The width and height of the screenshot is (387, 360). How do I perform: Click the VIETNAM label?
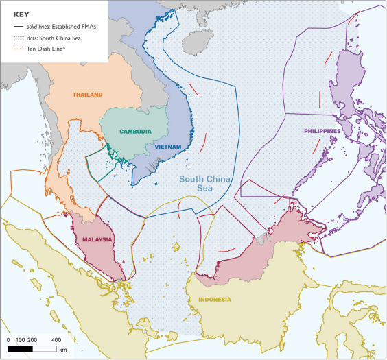click(167, 147)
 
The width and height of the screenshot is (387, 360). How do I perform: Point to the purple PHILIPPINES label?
click(323, 131)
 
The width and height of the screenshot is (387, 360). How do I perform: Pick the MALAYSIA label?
click(96, 239)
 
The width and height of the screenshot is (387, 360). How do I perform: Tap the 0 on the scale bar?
click(9, 339)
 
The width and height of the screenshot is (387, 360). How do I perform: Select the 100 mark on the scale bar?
click(21, 339)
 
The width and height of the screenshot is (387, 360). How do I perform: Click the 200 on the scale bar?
click(33, 339)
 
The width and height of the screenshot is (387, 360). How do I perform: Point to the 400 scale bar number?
click(56, 339)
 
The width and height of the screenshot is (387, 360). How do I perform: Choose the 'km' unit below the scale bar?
click(62, 350)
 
